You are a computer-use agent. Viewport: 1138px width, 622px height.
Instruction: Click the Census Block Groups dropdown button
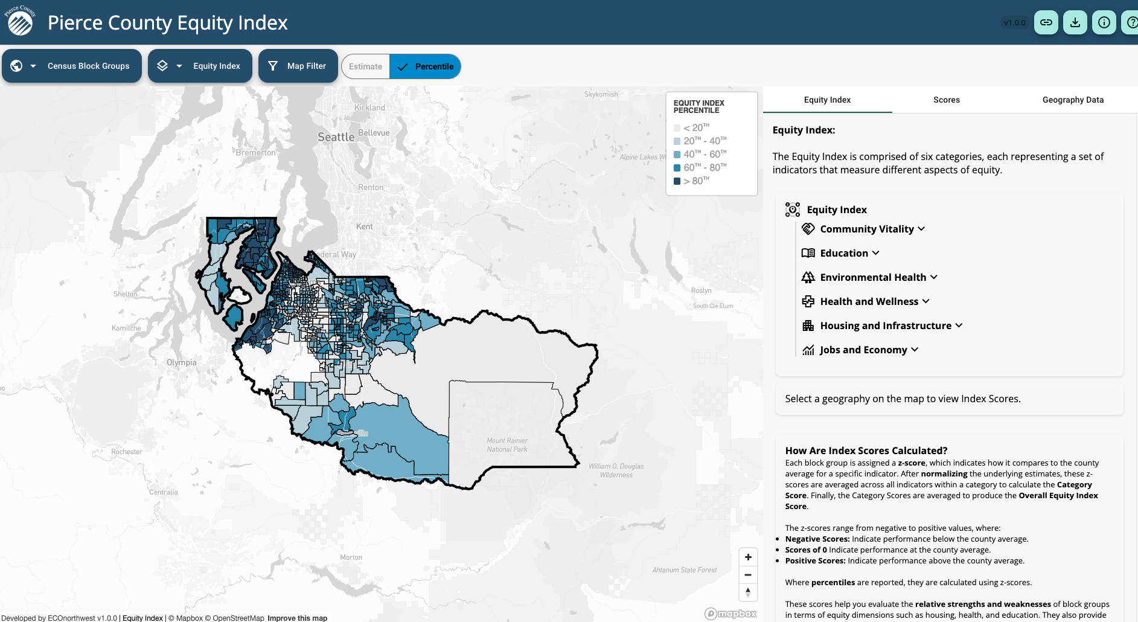[x=72, y=66]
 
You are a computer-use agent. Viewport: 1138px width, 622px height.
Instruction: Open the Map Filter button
[x=298, y=66]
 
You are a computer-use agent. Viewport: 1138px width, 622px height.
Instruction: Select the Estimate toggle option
[x=365, y=66]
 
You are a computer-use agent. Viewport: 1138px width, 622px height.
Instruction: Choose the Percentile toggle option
[x=426, y=66]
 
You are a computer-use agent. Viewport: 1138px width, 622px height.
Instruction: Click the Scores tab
[x=946, y=100]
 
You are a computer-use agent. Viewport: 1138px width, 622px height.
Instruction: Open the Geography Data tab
[x=1072, y=100]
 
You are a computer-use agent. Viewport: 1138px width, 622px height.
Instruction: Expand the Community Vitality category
[x=872, y=229]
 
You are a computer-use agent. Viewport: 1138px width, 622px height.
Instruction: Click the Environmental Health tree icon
[x=808, y=277]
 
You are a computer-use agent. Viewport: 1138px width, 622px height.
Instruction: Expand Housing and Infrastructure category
[x=890, y=325]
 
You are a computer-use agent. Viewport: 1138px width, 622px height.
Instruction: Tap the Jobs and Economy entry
[x=863, y=350]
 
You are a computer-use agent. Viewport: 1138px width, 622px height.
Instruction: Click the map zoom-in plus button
[x=748, y=557]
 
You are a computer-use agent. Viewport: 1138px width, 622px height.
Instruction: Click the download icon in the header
[x=1075, y=22]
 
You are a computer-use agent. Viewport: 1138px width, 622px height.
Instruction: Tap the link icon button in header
[x=1046, y=22]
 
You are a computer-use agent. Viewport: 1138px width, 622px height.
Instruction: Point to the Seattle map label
[x=336, y=137]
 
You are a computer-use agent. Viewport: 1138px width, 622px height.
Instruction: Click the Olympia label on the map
[x=181, y=362]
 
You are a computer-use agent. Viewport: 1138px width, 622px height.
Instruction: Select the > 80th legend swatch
[x=677, y=181]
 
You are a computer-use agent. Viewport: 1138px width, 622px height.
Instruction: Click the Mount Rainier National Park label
[x=507, y=445]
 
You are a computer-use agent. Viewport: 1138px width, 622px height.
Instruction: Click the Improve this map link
[x=297, y=618]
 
